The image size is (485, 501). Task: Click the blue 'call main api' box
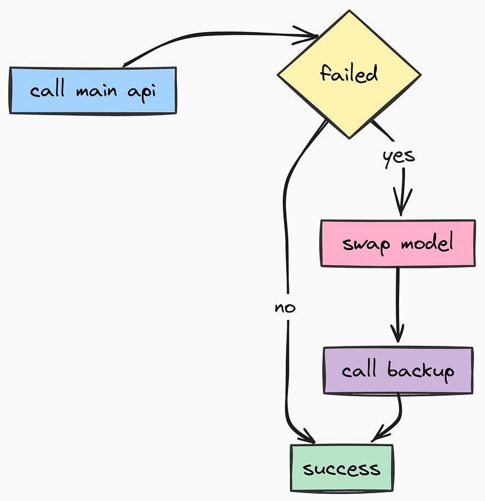click(x=93, y=90)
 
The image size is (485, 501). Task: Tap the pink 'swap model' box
click(x=398, y=243)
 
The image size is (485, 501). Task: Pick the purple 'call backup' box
click(x=398, y=371)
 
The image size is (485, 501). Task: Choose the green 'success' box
click(x=341, y=468)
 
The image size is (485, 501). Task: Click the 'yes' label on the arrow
click(x=399, y=156)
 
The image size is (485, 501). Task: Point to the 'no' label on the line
click(x=285, y=308)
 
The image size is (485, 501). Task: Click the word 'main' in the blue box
click(x=96, y=90)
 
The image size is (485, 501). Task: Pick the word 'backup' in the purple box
click(x=421, y=371)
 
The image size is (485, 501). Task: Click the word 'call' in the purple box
click(x=359, y=370)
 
